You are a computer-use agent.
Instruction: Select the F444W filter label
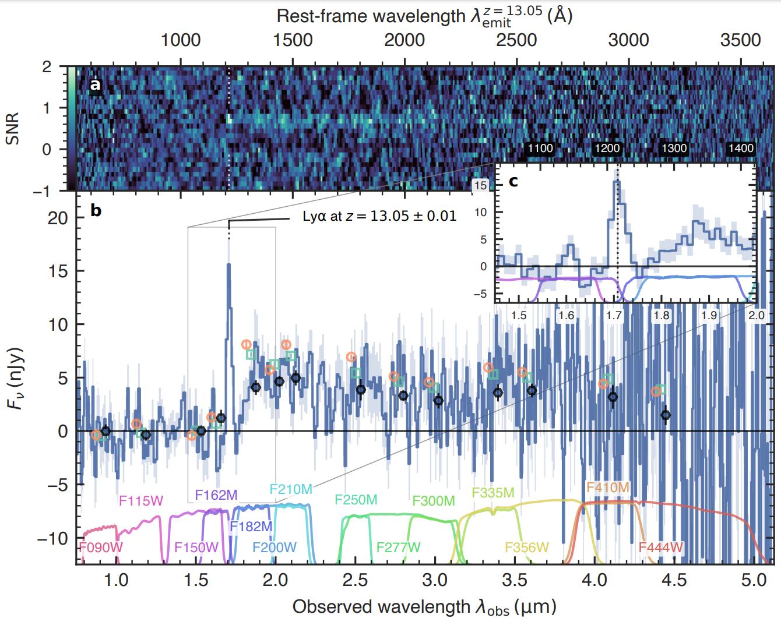click(x=660, y=548)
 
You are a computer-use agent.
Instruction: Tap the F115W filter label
click(x=141, y=501)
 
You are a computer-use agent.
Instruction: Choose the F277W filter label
click(x=398, y=548)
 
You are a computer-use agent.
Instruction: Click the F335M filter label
click(x=493, y=493)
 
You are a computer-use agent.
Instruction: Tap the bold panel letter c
click(x=513, y=181)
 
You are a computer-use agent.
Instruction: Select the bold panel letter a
click(x=95, y=86)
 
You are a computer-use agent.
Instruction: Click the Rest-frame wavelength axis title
click(x=424, y=16)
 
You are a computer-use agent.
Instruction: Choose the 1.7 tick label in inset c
click(x=614, y=316)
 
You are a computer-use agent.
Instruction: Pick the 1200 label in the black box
click(x=607, y=149)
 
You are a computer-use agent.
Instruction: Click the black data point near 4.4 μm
click(x=666, y=415)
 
